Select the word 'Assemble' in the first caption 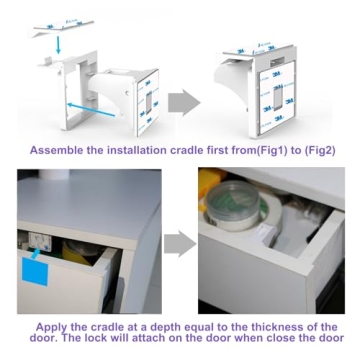[x=59, y=151]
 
